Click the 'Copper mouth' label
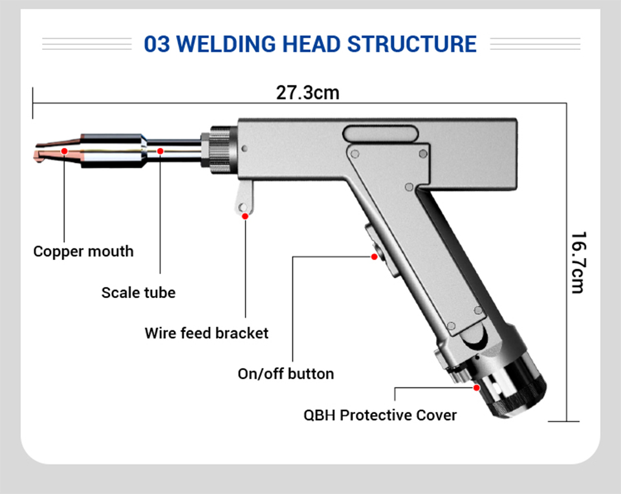tap(83, 251)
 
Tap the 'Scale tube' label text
tap(138, 292)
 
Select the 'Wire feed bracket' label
tap(206, 333)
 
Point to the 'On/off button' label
tap(286, 373)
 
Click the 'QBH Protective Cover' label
tap(380, 414)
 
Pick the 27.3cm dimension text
tap(308, 92)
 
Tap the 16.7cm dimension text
tap(577, 262)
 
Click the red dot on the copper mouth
tap(65, 151)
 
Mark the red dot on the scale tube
tap(160, 151)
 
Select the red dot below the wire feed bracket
tap(245, 216)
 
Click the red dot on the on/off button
tap(374, 257)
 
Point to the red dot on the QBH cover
tap(477, 388)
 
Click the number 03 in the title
tap(157, 45)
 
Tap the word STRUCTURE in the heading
tap(412, 45)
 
